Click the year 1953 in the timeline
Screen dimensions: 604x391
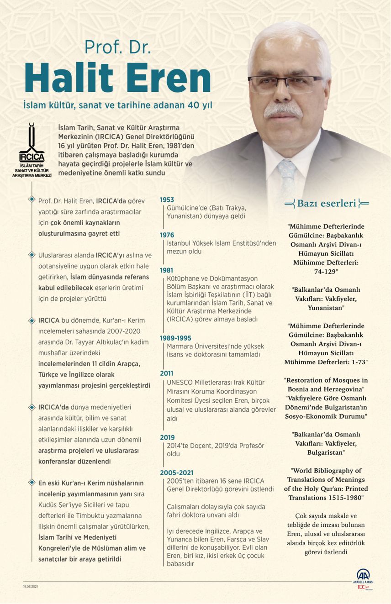click(x=167, y=200)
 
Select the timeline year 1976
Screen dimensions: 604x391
click(x=167, y=235)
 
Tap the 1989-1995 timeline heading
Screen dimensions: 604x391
click(x=176, y=338)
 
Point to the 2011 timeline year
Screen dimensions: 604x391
click(x=167, y=373)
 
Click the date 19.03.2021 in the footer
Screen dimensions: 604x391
click(x=31, y=586)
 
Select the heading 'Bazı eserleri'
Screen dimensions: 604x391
click(x=326, y=204)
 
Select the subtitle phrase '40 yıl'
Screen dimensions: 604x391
click(x=200, y=105)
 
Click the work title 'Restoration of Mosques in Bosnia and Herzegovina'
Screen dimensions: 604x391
click(x=326, y=384)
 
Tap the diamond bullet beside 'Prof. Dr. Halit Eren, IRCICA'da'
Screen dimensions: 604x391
click(x=32, y=199)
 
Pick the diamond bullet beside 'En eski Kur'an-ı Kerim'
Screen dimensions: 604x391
click(x=32, y=482)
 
